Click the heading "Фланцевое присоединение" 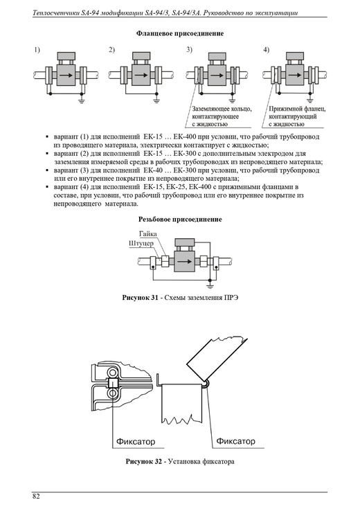[x=180, y=33]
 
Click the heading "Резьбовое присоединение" [x=180, y=220]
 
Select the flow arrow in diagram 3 [x=217, y=75]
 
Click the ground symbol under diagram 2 [x=156, y=100]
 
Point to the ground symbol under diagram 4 [x=310, y=100]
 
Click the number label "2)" [x=111, y=50]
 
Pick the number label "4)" [x=266, y=50]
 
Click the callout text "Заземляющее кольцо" [x=222, y=109]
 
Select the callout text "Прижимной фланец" [x=297, y=109]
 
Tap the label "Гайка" [x=148, y=234]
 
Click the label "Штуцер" [x=141, y=243]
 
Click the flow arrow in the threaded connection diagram [x=184, y=261]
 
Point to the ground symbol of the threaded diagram [x=210, y=286]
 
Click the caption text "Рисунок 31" [x=140, y=298]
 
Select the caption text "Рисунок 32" [x=143, y=462]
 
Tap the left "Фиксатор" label [x=136, y=442]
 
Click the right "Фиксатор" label [x=235, y=441]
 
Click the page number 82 [x=36, y=497]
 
